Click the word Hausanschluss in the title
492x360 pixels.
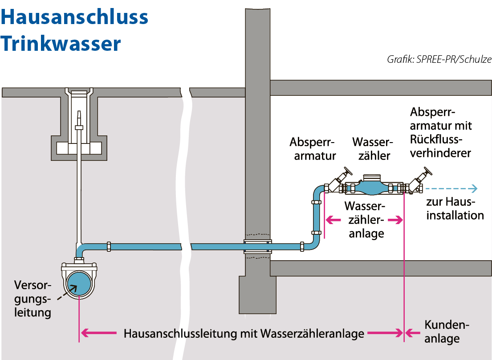click(74, 17)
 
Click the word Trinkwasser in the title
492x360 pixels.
click(61, 44)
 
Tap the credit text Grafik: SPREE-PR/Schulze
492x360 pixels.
click(439, 59)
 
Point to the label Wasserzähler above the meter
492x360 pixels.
click(372, 149)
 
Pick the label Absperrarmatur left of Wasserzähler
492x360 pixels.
click(312, 149)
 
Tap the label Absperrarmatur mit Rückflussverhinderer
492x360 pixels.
click(441, 132)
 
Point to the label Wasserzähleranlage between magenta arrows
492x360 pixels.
click(365, 220)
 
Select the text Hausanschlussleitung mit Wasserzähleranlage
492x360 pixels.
click(244, 333)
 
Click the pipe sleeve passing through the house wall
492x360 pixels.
click(257, 246)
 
